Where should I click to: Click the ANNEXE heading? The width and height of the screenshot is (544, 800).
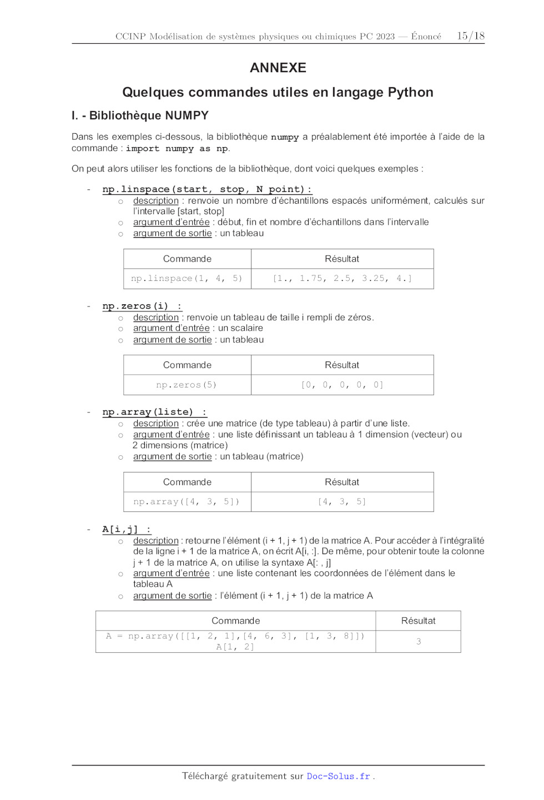pos(278,68)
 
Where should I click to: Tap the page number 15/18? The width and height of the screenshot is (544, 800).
pos(470,36)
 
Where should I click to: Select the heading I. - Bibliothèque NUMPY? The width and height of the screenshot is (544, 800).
pos(140,115)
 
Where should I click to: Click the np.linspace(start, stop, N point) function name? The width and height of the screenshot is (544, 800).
pos(206,189)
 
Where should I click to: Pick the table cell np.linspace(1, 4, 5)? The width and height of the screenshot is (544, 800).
pos(187,278)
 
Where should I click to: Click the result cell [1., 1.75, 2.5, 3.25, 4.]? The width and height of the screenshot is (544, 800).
pos(342,278)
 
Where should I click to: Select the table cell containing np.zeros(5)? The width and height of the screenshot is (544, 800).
pos(187,385)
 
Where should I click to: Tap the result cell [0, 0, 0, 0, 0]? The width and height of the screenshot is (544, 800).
pos(342,385)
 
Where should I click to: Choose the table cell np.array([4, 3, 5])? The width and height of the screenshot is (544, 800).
pos(187,502)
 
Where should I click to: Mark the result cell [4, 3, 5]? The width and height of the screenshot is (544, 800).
pos(342,502)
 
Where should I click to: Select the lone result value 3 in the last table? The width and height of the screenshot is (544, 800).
pos(419,641)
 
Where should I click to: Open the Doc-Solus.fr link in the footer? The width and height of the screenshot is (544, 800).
pos(338,776)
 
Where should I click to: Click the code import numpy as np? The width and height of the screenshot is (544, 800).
pos(177,149)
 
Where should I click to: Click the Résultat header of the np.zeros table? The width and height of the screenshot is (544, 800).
pos(342,365)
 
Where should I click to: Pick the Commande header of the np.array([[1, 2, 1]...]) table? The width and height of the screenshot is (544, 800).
pos(235,621)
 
